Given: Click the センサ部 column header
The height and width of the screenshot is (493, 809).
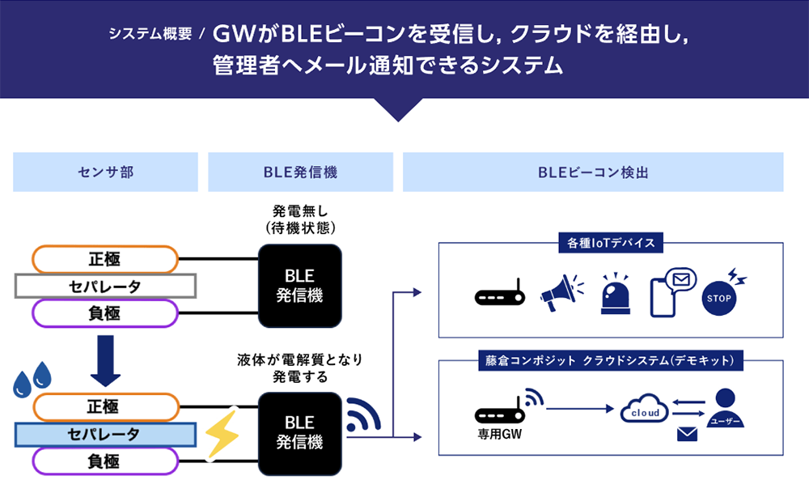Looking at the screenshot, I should point(105,172).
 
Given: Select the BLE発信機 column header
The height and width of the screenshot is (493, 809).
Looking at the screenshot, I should point(300,172).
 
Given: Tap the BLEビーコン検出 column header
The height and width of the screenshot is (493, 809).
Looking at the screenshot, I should point(593,172).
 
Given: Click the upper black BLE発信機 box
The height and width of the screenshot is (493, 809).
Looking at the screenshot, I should point(299,286).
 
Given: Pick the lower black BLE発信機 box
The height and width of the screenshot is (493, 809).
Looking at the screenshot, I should point(299,432).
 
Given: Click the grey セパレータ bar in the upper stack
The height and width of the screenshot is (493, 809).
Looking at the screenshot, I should point(105,286).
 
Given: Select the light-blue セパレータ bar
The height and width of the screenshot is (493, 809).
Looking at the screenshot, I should point(105,434).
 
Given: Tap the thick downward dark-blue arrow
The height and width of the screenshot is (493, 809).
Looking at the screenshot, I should point(104,360).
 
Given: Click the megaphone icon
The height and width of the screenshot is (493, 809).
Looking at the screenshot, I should point(559,289).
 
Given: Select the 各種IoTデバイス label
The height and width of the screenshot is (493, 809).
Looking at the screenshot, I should point(611,241).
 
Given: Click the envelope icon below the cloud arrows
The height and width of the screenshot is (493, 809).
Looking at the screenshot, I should point(687,435).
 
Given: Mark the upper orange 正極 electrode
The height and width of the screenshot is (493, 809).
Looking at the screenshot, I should point(104,260).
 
